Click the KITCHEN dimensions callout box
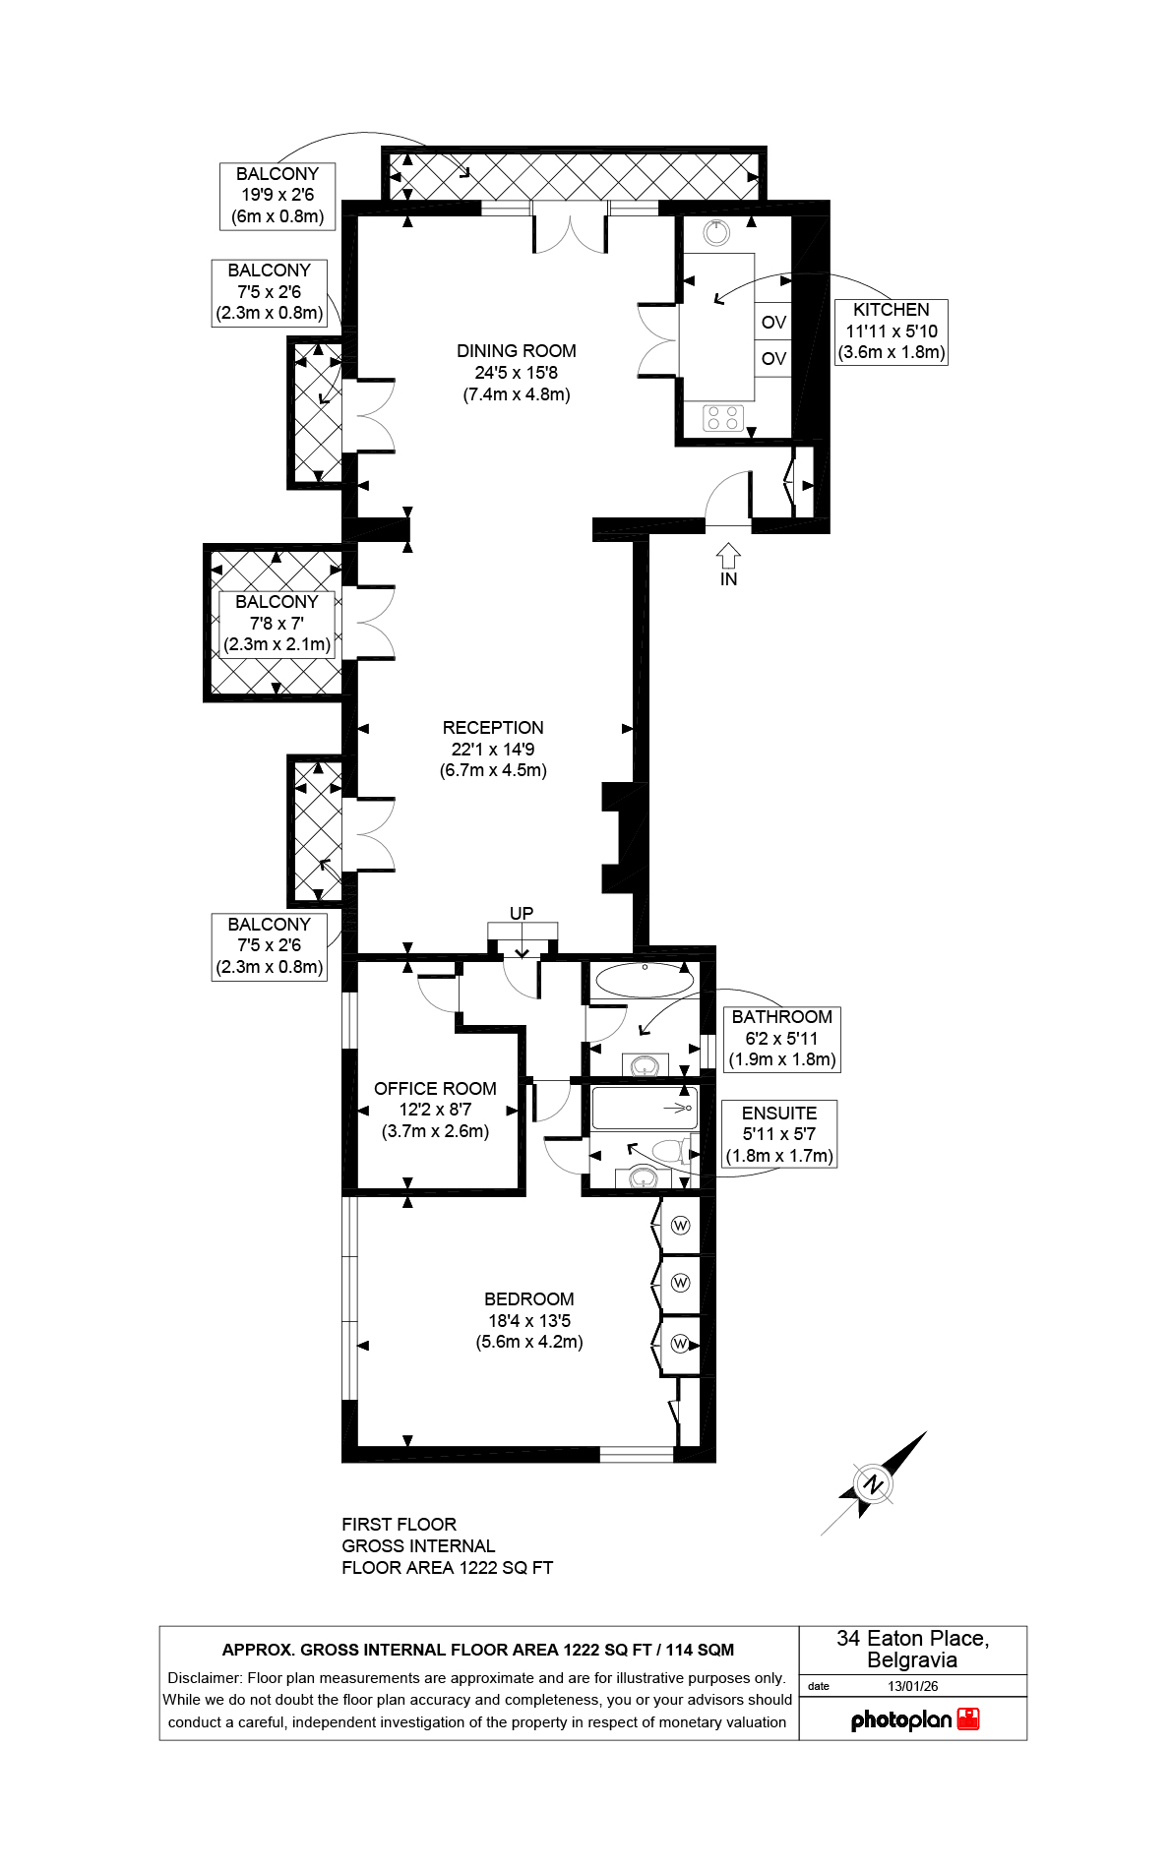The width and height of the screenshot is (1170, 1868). tap(892, 331)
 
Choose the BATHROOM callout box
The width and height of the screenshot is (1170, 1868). tap(782, 1039)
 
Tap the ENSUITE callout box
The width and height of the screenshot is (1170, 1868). tap(779, 1134)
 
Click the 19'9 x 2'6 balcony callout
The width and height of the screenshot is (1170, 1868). tap(277, 196)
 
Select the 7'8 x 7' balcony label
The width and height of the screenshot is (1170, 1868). tap(277, 624)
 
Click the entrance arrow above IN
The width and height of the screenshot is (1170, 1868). tap(728, 556)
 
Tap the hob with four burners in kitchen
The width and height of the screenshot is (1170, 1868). tap(723, 418)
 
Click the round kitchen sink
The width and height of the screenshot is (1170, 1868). tap(717, 233)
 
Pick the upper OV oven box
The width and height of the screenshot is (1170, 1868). tap(773, 322)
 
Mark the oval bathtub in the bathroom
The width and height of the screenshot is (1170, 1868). tap(645, 980)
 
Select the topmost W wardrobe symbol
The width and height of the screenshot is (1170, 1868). tap(680, 1226)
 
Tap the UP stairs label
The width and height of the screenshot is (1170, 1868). tap(522, 914)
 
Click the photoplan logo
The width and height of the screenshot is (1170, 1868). tap(915, 1719)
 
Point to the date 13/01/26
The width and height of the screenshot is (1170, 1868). tap(913, 1686)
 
